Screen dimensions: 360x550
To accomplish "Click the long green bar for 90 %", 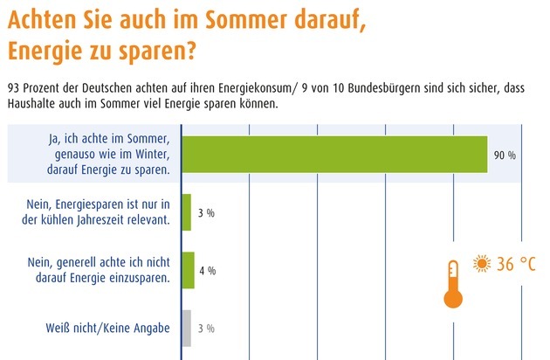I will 333,155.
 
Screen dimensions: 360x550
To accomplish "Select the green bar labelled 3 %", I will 186,212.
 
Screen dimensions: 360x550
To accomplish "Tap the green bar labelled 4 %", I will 188,270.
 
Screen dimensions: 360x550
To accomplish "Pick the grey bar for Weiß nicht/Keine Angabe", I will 186,328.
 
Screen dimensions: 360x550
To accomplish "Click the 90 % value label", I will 505,156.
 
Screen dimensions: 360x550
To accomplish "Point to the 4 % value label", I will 207,271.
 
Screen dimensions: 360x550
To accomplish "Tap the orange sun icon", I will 481,263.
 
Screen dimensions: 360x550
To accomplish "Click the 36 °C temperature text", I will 516,264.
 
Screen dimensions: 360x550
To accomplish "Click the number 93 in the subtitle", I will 13,88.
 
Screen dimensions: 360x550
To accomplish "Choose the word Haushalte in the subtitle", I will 33,103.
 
